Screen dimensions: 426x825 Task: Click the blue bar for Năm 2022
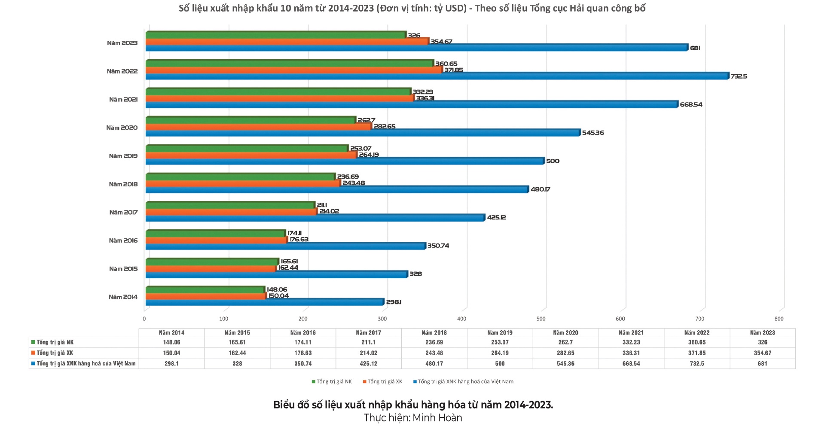tap(437, 76)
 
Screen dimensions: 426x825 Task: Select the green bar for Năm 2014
tap(205, 290)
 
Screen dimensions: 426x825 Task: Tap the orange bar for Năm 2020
tap(259, 127)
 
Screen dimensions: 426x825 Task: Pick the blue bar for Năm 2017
tap(315, 218)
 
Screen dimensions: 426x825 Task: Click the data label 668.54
tap(691, 104)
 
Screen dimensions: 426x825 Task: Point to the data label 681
tap(695, 48)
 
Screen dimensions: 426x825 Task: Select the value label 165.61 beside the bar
tap(289, 261)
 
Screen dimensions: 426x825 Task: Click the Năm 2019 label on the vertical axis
tap(123, 156)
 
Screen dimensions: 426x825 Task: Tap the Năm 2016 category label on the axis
tap(123, 240)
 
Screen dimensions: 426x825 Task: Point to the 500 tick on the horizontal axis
tap(541, 319)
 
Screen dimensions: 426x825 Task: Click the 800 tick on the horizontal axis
tap(779, 319)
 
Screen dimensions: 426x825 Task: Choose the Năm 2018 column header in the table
tap(434, 333)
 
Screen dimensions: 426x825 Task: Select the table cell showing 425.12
tap(368, 364)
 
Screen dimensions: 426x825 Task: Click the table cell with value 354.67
tap(762, 353)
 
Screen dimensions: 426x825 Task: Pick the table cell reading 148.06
tap(171, 342)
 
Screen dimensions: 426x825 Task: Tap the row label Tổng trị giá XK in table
tap(55, 353)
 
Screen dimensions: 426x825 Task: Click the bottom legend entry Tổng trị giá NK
tap(334, 381)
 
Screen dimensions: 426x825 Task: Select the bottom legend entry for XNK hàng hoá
tap(465, 381)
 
